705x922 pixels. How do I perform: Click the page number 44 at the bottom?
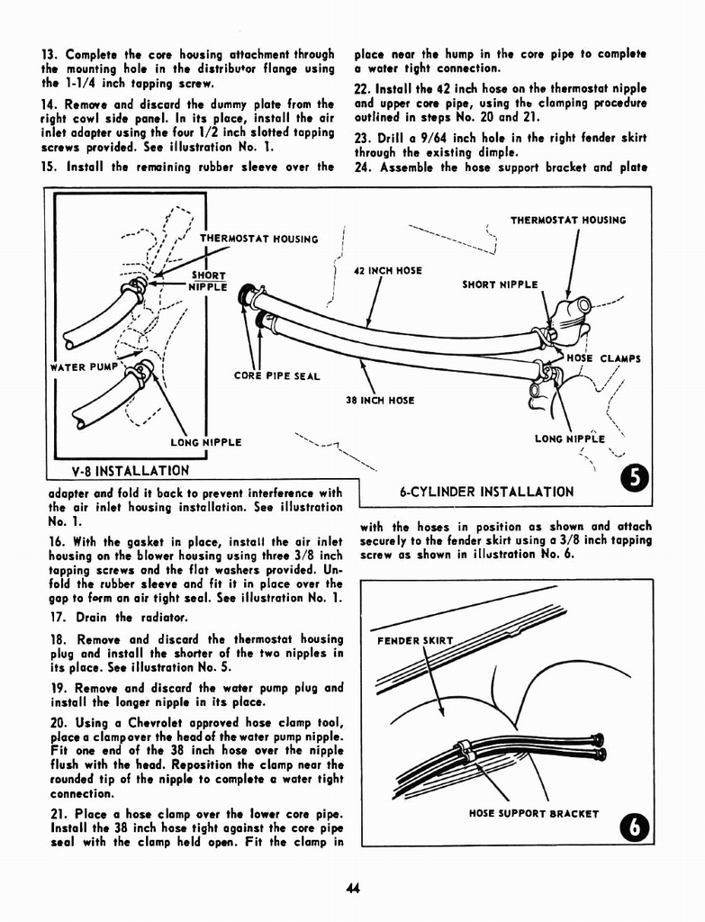tap(352, 889)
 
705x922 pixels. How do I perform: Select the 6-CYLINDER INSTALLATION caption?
tap(485, 492)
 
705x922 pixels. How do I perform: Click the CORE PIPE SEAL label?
tap(276, 375)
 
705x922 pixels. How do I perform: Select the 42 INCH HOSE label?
tap(387, 271)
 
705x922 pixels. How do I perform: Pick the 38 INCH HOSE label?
tap(380, 400)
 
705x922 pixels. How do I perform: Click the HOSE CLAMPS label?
tap(602, 358)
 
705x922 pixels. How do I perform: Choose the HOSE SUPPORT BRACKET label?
tap(533, 813)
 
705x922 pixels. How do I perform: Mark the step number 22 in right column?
tap(363, 88)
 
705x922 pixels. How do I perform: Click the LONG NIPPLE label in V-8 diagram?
tap(205, 442)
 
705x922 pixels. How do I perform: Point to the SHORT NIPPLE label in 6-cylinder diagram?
tap(500, 285)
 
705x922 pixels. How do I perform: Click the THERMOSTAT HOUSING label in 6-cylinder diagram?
tap(567, 220)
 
